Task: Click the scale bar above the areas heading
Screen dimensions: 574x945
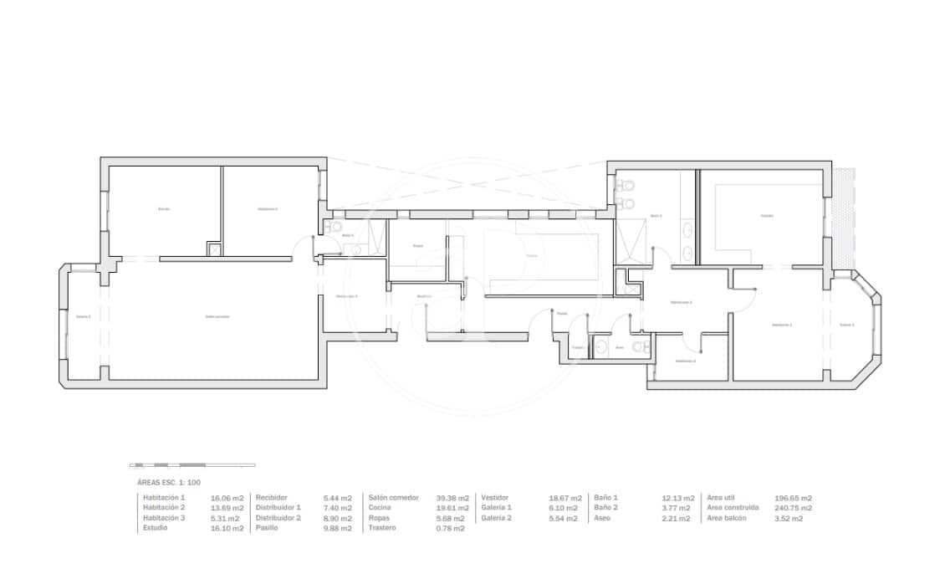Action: (192, 465)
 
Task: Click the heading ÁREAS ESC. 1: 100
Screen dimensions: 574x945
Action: (168, 483)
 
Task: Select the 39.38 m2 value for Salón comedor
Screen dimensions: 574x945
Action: (452, 498)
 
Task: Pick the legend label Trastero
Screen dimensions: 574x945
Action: (382, 529)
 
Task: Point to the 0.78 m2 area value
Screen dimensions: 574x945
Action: (450, 529)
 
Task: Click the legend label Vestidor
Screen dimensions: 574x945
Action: (495, 498)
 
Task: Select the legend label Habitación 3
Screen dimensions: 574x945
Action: (164, 519)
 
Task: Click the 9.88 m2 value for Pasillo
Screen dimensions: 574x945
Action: (338, 529)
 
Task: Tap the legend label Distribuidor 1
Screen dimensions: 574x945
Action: (278, 508)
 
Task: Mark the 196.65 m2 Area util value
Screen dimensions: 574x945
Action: (793, 498)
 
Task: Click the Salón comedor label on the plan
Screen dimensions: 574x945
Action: (217, 316)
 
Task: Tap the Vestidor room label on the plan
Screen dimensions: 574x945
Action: (767, 215)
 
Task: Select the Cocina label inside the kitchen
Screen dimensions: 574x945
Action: (532, 255)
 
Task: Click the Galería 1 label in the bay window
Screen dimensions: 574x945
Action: (847, 325)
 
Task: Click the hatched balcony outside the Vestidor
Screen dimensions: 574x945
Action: (845, 218)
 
